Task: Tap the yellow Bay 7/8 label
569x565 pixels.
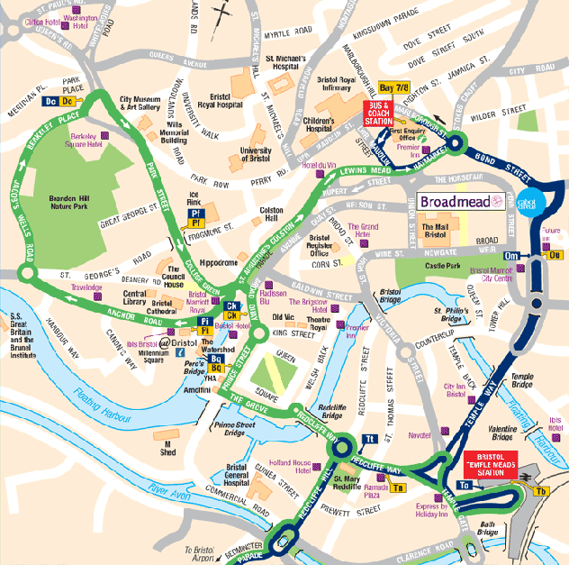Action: coord(393,88)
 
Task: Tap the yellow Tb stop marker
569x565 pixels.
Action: coord(541,491)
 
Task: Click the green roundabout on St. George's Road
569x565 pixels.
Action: coord(25,273)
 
